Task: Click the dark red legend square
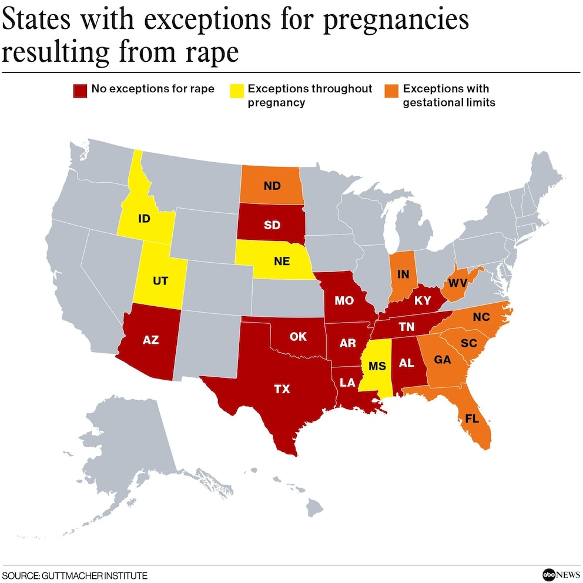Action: [x=79, y=91]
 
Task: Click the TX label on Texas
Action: [x=282, y=388]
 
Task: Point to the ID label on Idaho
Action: [x=143, y=219]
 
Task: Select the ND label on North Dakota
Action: [x=272, y=186]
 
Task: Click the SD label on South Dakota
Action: [x=272, y=226]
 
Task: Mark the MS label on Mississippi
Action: [x=377, y=366]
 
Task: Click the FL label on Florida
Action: [x=472, y=419]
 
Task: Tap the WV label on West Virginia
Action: [x=457, y=283]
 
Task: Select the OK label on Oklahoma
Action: [x=299, y=337]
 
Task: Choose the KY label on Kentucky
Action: [x=422, y=301]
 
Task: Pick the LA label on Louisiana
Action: [x=347, y=383]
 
